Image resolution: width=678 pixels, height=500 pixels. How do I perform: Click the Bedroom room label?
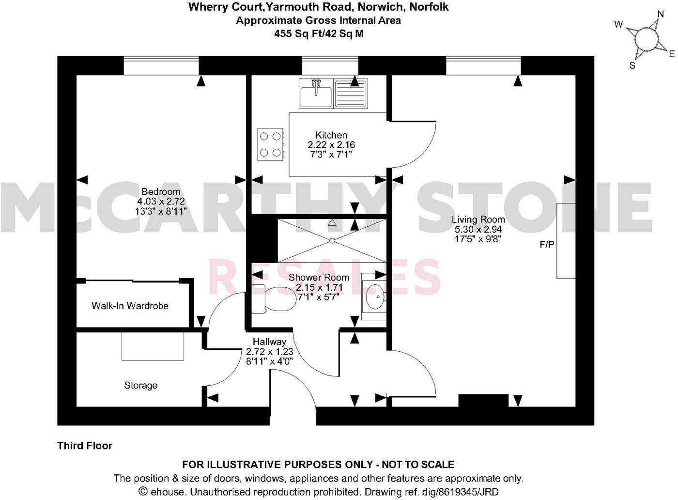click(161, 191)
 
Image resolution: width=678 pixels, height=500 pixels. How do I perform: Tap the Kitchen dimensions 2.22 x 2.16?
click(331, 145)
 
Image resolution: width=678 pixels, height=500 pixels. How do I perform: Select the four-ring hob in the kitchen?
click(270, 144)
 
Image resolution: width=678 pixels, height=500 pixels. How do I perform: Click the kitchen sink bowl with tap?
click(316, 94)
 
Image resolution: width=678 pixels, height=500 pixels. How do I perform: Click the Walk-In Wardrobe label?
click(130, 306)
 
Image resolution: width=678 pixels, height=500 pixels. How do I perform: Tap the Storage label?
click(140, 386)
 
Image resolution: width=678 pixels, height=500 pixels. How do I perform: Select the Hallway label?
click(269, 342)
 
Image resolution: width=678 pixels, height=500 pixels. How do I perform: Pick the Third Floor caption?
click(85, 446)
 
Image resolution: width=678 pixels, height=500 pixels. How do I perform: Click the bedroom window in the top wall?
click(161, 65)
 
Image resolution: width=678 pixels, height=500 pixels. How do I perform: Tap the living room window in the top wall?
click(483, 65)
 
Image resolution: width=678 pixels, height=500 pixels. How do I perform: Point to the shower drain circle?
click(332, 241)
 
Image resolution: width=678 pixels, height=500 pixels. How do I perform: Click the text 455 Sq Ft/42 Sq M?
click(319, 34)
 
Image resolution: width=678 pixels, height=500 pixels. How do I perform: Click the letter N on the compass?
click(660, 14)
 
